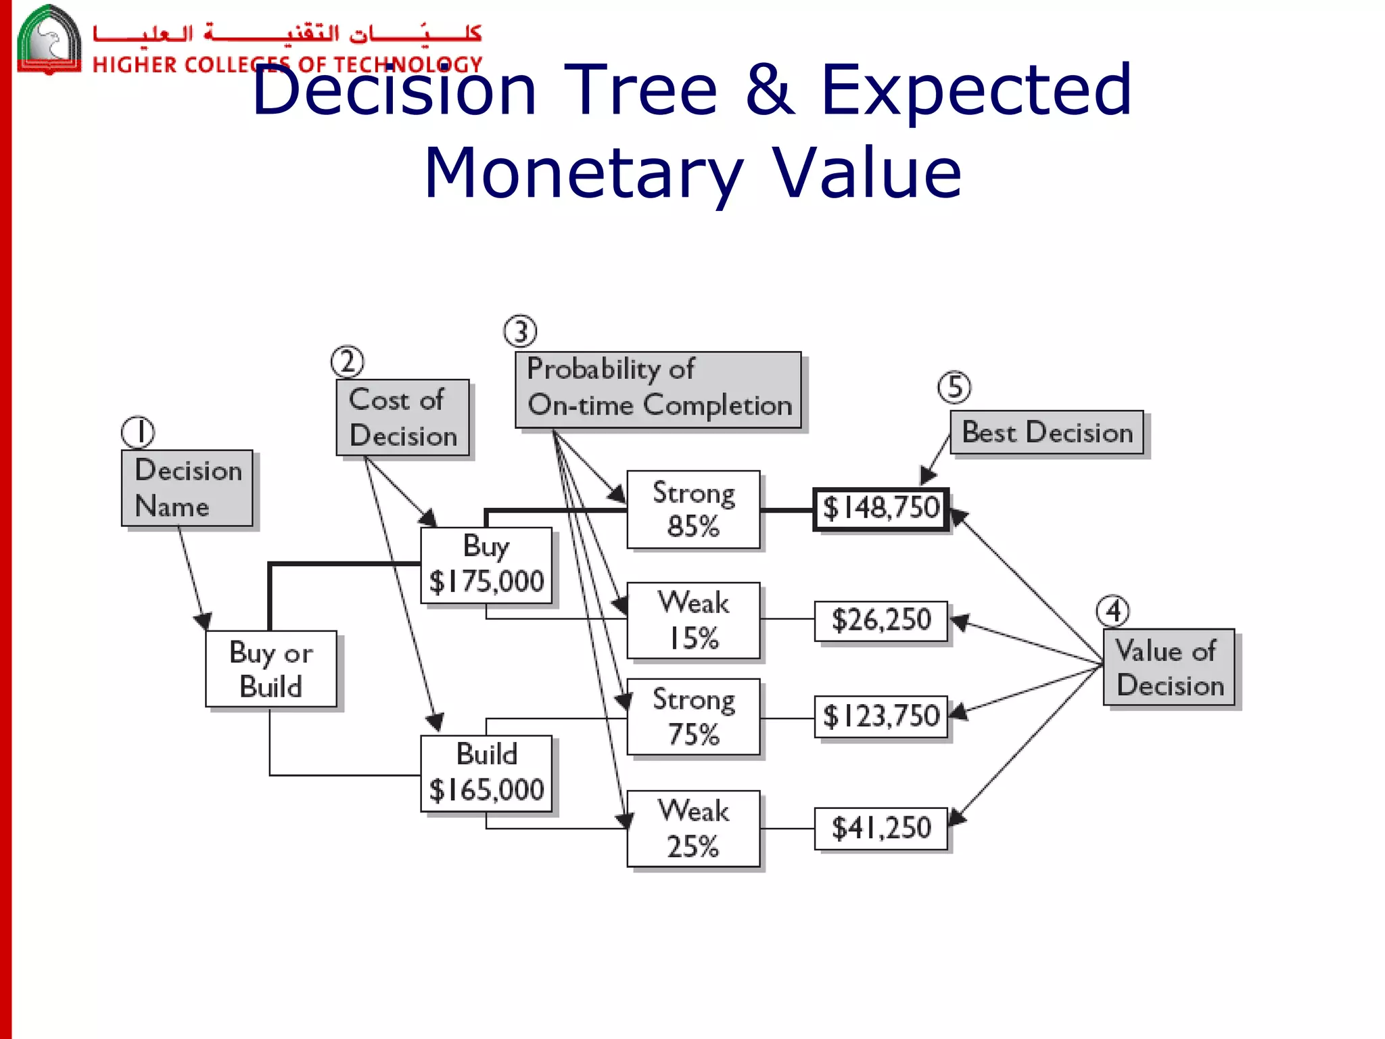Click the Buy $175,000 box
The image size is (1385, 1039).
486,565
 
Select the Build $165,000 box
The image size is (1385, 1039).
486,772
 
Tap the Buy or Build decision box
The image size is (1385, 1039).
271,669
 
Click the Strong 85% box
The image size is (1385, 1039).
693,509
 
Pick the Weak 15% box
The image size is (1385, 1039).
693,620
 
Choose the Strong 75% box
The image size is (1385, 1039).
693,717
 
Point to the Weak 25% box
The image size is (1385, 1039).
693,828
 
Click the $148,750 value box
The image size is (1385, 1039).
881,509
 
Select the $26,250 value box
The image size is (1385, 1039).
881,620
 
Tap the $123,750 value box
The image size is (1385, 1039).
881,716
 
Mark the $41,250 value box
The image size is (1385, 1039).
881,828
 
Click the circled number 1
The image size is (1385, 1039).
138,432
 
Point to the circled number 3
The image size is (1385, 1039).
520,331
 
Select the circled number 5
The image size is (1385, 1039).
954,388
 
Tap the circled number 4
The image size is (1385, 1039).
1112,611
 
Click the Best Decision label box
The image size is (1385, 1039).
1046,432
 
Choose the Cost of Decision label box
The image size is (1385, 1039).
402,417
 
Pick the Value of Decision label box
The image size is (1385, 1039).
1169,668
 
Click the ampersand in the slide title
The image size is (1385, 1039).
770,89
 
